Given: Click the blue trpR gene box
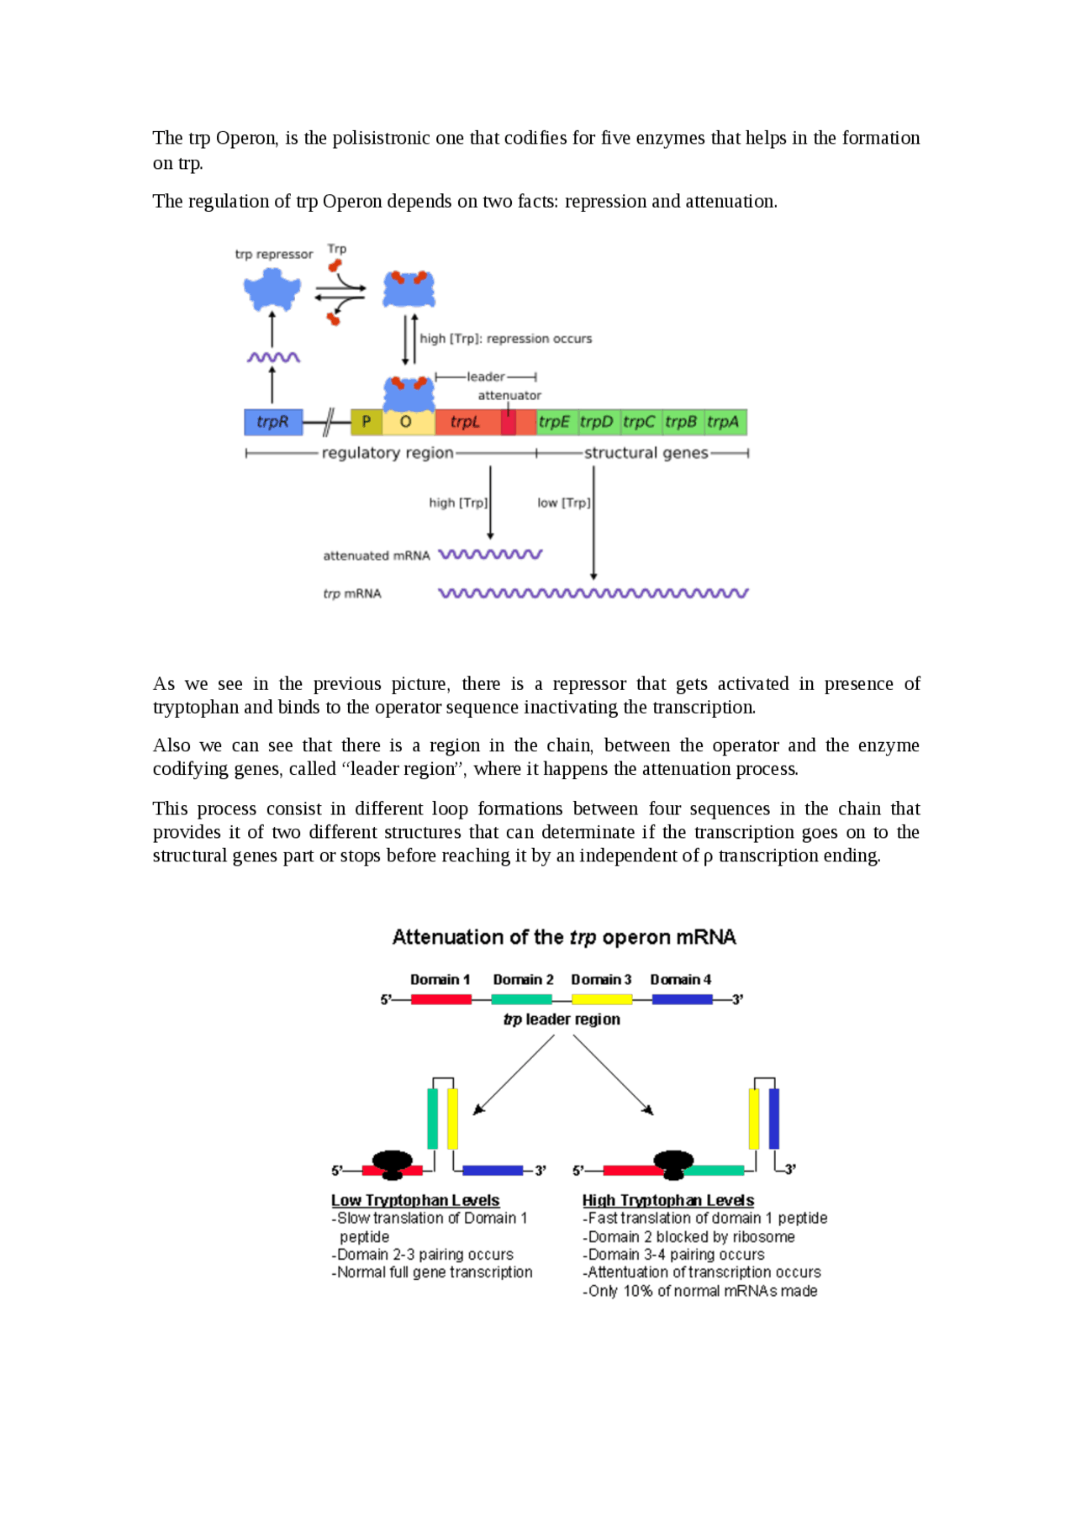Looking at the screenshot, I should [273, 422].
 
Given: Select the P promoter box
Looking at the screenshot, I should [367, 422].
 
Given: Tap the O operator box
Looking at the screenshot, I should [407, 422].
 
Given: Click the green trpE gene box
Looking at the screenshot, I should [555, 422].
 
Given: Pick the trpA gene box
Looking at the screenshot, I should [724, 422].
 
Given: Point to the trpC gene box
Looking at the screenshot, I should [639, 422].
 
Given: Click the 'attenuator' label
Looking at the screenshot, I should [509, 395].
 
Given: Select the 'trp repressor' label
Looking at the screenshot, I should [274, 254].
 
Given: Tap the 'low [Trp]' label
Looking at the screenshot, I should [563, 503].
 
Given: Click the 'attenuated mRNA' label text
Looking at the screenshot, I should [377, 556].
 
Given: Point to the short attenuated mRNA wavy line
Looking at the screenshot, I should [491, 555].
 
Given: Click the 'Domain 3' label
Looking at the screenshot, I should [601, 979].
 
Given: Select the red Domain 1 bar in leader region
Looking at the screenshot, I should [440, 999].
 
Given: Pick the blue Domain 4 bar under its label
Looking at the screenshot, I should [682, 999].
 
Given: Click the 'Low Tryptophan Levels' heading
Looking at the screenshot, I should [415, 1200].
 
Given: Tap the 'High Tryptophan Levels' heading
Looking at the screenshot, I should [668, 1200].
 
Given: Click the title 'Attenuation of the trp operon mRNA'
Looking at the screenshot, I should [564, 937].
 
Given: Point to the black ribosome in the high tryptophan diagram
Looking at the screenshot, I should [673, 1164].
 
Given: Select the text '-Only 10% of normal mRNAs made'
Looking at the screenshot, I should [700, 1291].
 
